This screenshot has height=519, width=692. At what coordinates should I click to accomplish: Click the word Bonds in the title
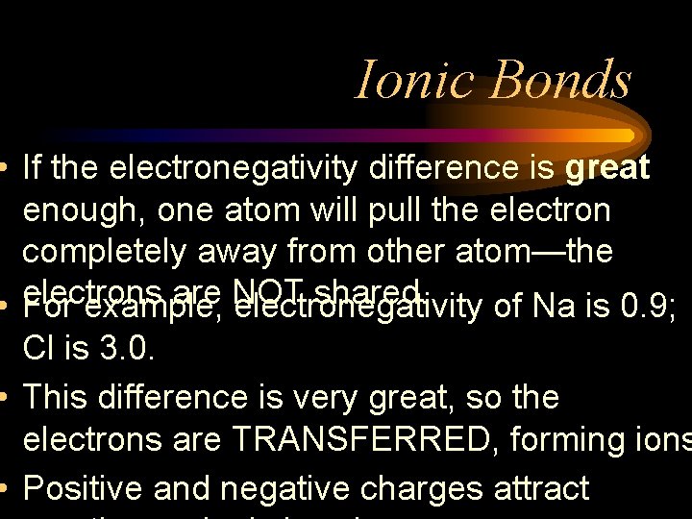pyautogui.click(x=560, y=79)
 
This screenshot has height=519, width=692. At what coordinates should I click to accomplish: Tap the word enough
pyautogui.click(x=82, y=211)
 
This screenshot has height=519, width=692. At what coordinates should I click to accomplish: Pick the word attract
pyautogui.click(x=541, y=488)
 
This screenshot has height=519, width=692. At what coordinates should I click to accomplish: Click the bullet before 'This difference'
pyautogui.click(x=7, y=396)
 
